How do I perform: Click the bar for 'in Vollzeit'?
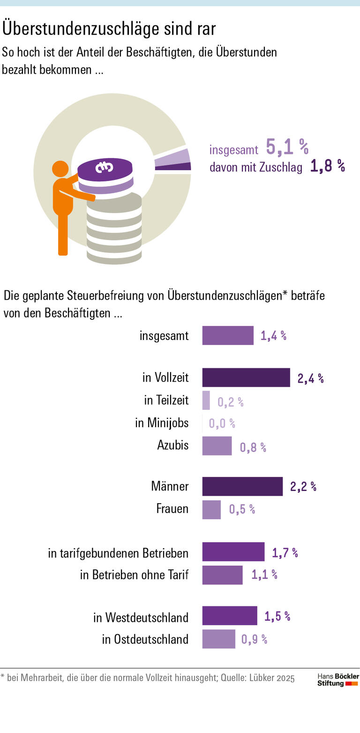point(246,378)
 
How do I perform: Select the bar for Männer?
point(242,486)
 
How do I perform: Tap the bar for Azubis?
point(217,446)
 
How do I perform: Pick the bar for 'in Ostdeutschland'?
point(218,639)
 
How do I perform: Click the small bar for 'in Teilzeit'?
point(206,401)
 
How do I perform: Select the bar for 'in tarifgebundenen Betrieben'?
point(233,552)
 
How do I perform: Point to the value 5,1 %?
point(287,147)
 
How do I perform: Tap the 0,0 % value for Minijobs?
point(222,423)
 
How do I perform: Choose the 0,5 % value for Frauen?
point(242,509)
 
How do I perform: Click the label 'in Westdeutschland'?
point(141,617)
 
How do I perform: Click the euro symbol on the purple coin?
point(105,167)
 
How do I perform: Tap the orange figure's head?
point(60,169)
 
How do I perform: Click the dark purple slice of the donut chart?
point(173,166)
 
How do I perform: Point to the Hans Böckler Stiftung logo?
point(338,680)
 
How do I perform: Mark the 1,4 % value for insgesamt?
point(273,336)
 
